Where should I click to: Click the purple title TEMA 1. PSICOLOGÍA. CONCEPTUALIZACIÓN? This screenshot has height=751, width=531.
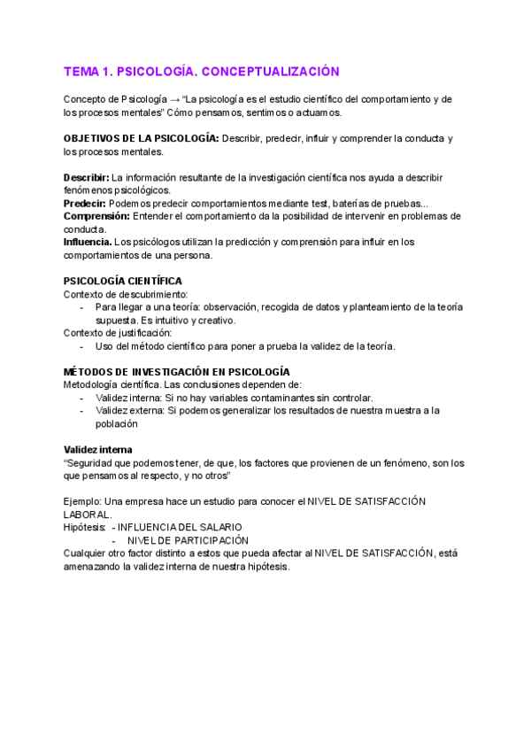point(201,71)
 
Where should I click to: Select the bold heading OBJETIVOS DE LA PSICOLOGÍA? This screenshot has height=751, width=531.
point(141,139)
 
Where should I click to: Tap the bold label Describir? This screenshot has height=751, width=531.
point(87,176)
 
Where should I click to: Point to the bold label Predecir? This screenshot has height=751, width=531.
point(85,204)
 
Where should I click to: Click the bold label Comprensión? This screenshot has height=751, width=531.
point(96,216)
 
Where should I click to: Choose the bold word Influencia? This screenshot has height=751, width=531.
point(88,242)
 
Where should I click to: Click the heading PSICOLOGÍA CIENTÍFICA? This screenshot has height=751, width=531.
point(123,281)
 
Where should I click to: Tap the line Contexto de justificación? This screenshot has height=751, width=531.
point(118,333)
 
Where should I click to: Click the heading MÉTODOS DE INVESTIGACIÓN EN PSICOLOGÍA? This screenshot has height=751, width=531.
point(177,372)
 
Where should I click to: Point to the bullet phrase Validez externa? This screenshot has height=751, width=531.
point(130,411)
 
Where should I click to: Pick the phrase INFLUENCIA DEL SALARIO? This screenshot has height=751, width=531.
point(180,527)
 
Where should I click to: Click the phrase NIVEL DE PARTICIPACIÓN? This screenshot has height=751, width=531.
point(188,540)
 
